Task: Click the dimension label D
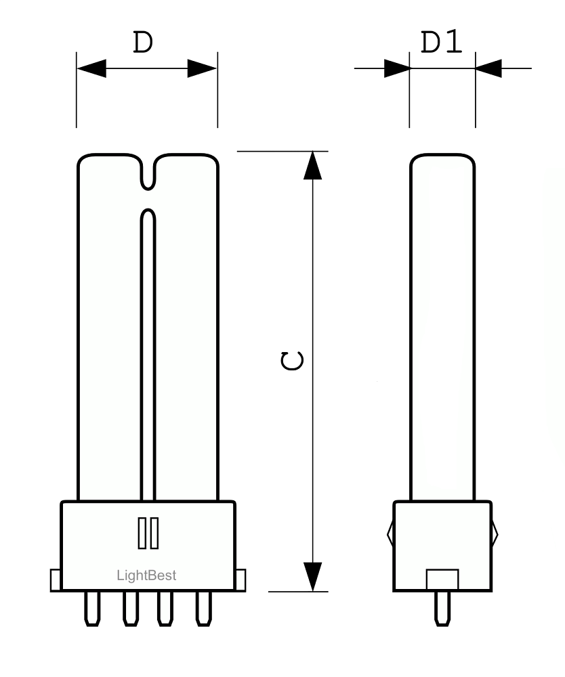click(x=142, y=43)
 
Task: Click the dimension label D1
click(x=442, y=43)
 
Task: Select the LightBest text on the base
click(x=147, y=575)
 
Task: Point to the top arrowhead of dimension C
click(x=312, y=165)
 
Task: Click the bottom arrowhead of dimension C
click(x=312, y=576)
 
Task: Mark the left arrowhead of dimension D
click(x=91, y=68)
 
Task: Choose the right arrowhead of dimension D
click(x=203, y=68)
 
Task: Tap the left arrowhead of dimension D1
click(x=397, y=68)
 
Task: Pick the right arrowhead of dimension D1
click(x=488, y=68)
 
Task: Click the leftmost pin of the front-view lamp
click(x=91, y=609)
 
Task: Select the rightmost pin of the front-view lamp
click(x=203, y=609)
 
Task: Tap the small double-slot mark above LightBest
click(x=148, y=533)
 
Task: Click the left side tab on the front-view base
click(x=56, y=580)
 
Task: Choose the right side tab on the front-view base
click(x=240, y=580)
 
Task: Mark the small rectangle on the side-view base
click(x=442, y=580)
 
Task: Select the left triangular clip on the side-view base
click(x=391, y=533)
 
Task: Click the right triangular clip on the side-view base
click(x=495, y=533)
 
